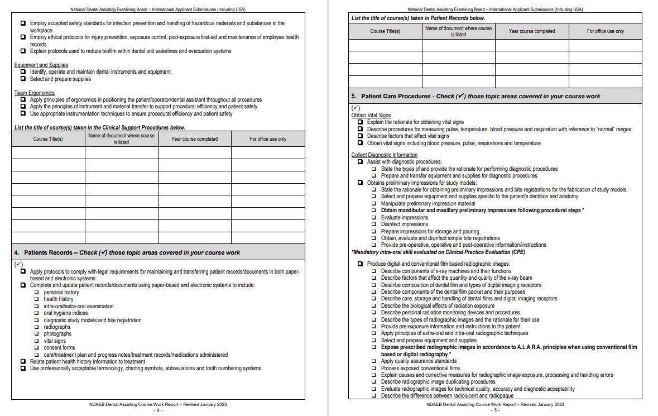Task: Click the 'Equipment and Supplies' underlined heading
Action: pos(41,65)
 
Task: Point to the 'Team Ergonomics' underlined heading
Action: pos(34,93)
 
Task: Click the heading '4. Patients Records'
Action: pos(48,252)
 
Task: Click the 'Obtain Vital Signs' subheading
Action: pos(371,115)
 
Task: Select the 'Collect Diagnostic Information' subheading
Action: pos(384,155)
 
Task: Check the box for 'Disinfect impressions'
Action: pos(374,224)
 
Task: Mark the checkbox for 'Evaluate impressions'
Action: pos(374,217)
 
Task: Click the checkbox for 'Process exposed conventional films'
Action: pos(374,368)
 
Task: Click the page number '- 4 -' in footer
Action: pos(158,410)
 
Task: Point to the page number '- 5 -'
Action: pos(495,410)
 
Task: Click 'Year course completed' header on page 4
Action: pos(194,138)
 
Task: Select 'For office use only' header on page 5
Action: pos(605,31)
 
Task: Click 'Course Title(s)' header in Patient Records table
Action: pos(385,31)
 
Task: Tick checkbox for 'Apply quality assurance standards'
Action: pos(374,361)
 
